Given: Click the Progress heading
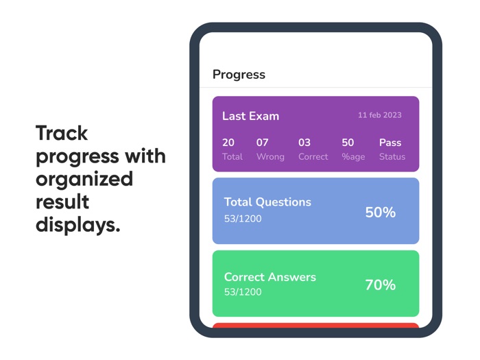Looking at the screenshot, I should tap(239, 75).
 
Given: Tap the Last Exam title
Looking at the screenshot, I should tap(250, 116).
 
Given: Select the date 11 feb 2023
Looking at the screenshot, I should tap(379, 115).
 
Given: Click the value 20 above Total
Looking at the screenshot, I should tap(228, 143).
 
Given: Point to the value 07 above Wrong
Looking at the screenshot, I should tap(263, 143).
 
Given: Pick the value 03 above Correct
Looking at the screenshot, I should tap(304, 143).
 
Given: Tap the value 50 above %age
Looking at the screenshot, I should tap(348, 143).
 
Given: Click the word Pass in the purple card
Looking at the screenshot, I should tap(390, 143).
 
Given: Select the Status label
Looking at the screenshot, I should tap(392, 157).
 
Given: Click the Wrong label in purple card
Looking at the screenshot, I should tap(270, 157).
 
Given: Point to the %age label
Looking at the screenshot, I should tap(353, 157).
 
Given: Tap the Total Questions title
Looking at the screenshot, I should tap(267, 202).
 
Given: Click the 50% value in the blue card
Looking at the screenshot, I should tap(380, 213).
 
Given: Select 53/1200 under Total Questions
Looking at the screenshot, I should tap(243, 219).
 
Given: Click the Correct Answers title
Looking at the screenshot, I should tap(270, 277).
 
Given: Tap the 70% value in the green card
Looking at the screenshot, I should tap(380, 285).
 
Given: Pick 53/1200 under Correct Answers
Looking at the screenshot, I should tap(243, 292).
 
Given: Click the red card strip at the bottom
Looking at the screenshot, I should tap(315, 325).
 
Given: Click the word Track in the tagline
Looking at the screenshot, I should tap(62, 132).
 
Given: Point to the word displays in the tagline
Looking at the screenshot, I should tap(77, 224).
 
